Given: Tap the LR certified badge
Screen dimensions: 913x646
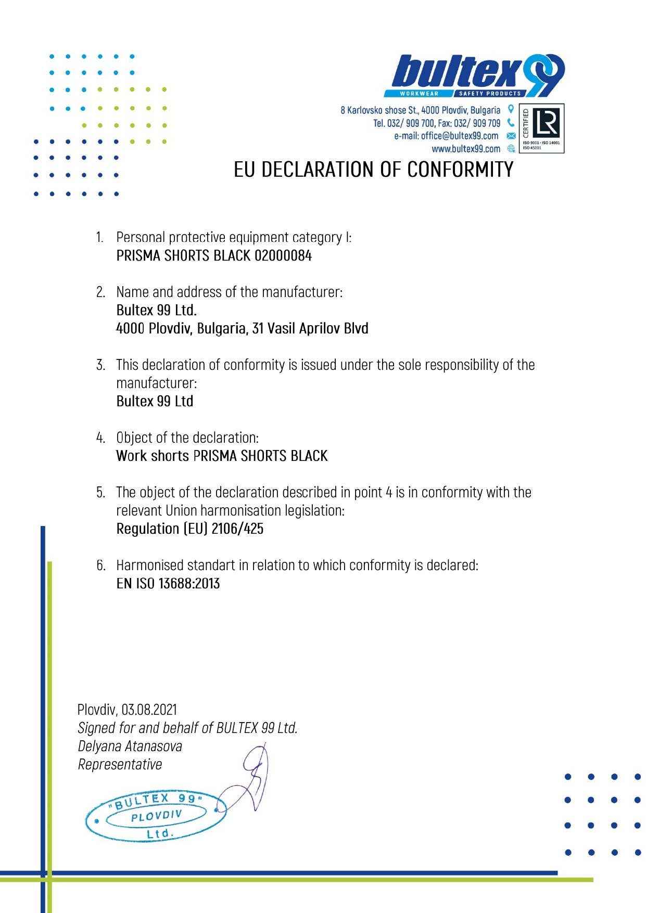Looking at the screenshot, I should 541,128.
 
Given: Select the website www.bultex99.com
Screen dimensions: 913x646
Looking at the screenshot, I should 465,149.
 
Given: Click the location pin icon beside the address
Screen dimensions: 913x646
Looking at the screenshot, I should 511,109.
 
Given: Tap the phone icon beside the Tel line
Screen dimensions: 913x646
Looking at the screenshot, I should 511,123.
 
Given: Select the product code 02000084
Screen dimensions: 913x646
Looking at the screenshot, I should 283,256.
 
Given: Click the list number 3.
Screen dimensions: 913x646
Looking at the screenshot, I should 100,365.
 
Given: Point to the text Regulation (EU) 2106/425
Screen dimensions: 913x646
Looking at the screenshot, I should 189,529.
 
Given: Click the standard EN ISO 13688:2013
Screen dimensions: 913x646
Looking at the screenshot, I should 168,584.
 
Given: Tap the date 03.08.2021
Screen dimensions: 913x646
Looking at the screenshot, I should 149,710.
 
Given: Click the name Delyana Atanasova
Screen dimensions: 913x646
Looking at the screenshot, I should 130,747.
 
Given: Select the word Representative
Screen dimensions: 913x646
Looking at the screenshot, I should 120,765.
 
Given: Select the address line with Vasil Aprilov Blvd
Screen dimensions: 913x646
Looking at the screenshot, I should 242,329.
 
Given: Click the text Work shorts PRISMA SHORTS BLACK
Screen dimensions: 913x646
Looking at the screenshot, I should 222,456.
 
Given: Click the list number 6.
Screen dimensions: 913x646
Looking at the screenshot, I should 100,565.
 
